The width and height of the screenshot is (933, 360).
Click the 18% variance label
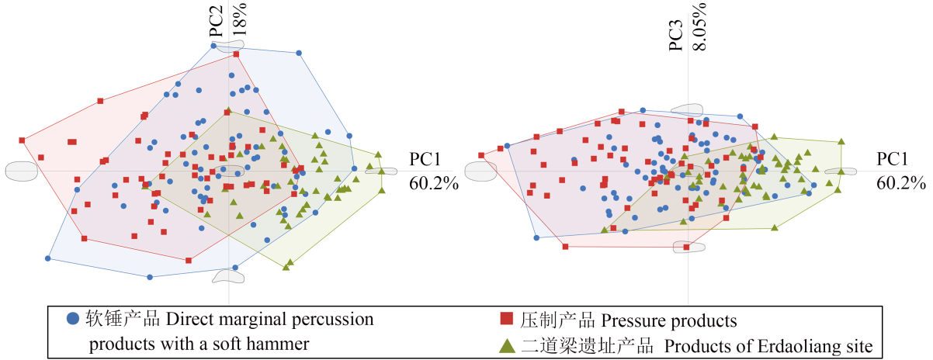pos(239,22)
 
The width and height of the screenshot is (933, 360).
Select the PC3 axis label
pos(677,36)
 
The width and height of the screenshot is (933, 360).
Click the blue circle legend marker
pos(73,318)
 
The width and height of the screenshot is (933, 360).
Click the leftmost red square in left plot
pos(22,140)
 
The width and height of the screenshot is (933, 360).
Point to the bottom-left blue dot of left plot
pos(48,258)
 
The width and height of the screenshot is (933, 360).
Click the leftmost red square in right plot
pos(482,155)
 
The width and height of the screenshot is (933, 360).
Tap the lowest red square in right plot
pos(567,247)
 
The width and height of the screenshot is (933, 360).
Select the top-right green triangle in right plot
pos(842,142)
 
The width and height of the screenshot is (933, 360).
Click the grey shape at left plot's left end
pos(22,171)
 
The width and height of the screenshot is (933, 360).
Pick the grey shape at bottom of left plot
pos(228,275)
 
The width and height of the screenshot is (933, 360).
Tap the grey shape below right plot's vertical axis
pos(689,247)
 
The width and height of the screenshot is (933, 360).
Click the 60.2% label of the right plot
pos(900,184)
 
